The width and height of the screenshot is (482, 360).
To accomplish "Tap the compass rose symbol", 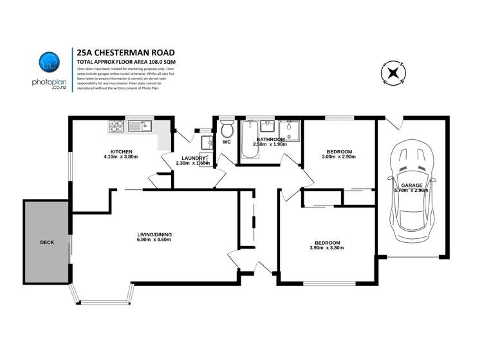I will pos(392,73).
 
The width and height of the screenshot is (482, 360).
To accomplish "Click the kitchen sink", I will pos(139,126).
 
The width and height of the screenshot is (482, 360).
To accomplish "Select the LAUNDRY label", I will pos(192,158).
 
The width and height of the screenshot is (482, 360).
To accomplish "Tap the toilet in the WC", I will pos(226,127).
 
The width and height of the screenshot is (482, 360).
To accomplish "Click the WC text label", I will pos(227,142).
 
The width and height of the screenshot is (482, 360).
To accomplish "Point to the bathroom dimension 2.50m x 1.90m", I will pos(271,145).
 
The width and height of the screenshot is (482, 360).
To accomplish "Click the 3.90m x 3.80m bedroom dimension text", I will pos(327,248).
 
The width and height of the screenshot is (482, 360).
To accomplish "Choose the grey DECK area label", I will pos(47,242).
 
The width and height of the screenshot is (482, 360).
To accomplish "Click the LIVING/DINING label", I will pos(154,234).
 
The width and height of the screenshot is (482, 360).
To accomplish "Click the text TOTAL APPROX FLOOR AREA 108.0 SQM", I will pos(126,61).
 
